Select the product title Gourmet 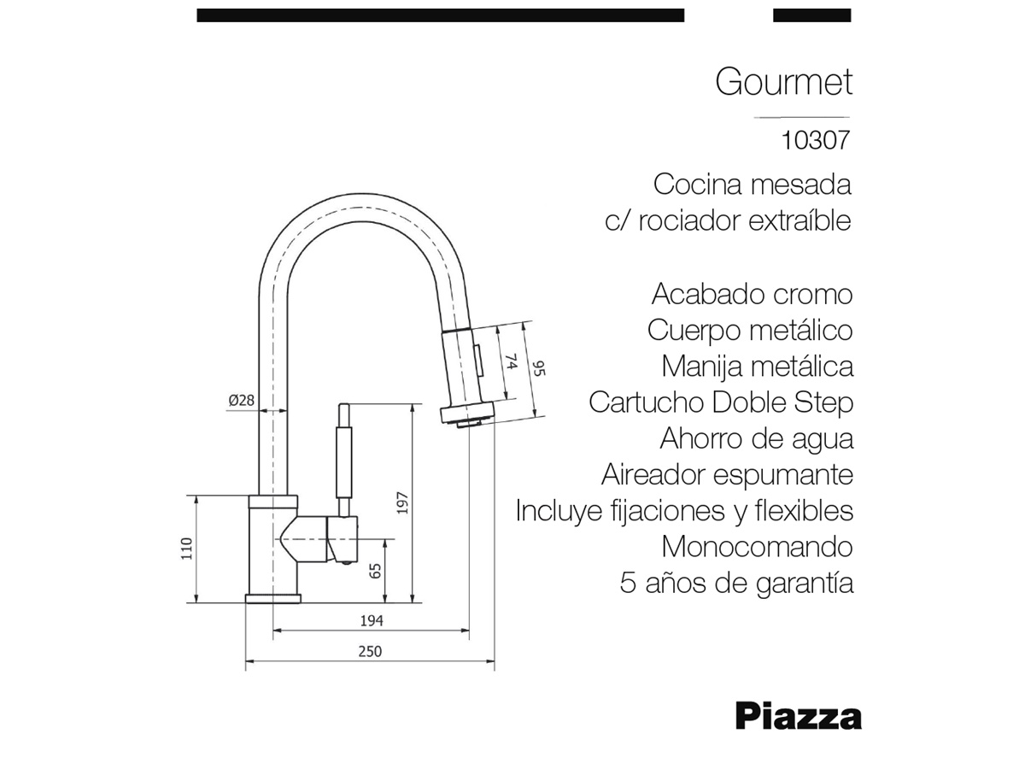click(783, 82)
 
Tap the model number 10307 click(816, 140)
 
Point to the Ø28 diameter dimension click(242, 400)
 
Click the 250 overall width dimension click(370, 651)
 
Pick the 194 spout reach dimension click(372, 620)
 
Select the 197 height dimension click(402, 503)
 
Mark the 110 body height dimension click(187, 549)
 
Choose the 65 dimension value click(376, 571)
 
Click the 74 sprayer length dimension click(512, 361)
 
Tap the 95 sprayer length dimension click(539, 368)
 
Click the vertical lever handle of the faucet click(344, 460)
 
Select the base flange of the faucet click(273, 598)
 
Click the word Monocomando click(757, 547)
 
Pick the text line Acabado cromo click(752, 295)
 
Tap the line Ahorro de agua click(757, 439)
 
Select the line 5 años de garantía click(736, 583)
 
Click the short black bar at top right click(811, 15)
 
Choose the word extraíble click(799, 220)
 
